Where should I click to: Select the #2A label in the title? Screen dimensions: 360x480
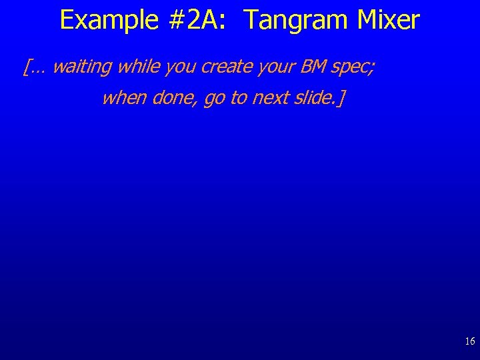click(x=193, y=21)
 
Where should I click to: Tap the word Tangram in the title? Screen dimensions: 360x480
click(x=297, y=21)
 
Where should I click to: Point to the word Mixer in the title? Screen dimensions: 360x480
click(x=389, y=21)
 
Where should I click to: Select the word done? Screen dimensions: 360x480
click(x=175, y=99)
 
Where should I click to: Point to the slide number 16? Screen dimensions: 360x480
click(x=470, y=341)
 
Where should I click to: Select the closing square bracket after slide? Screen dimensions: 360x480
click(x=342, y=99)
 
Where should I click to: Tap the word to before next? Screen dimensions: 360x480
click(x=238, y=99)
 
